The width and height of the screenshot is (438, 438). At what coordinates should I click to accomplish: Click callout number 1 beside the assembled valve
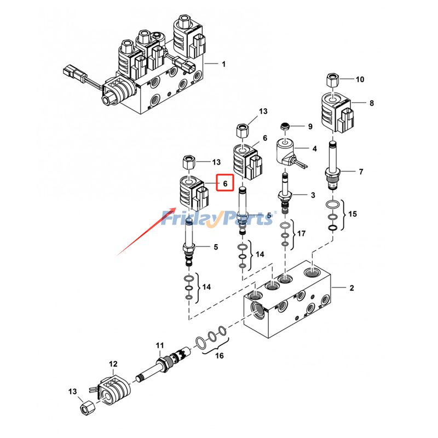click(223, 64)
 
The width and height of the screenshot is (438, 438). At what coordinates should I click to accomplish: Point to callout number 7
click(360, 172)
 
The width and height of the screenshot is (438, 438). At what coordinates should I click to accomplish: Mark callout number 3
click(313, 195)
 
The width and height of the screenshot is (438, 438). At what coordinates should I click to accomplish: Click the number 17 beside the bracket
click(302, 234)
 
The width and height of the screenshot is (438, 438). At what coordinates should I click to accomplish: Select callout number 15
click(352, 214)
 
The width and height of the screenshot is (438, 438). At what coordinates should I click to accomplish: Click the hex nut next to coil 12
click(87, 408)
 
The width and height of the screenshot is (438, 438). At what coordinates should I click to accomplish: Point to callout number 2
click(352, 287)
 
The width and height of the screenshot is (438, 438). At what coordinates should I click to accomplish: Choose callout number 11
click(159, 345)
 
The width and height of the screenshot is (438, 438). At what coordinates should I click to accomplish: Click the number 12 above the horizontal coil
click(113, 364)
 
